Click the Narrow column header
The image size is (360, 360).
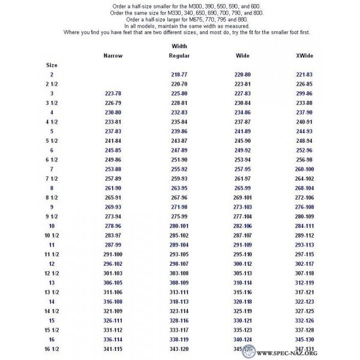pos(113,55)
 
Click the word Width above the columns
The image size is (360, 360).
pos(179,46)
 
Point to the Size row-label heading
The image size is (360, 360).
pos(52,64)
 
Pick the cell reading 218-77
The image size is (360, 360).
pos(179,74)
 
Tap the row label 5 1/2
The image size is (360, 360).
pos(52,140)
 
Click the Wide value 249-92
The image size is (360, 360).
pos(242,149)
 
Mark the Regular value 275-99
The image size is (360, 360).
pos(179,215)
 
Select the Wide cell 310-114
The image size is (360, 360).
pos(242,281)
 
